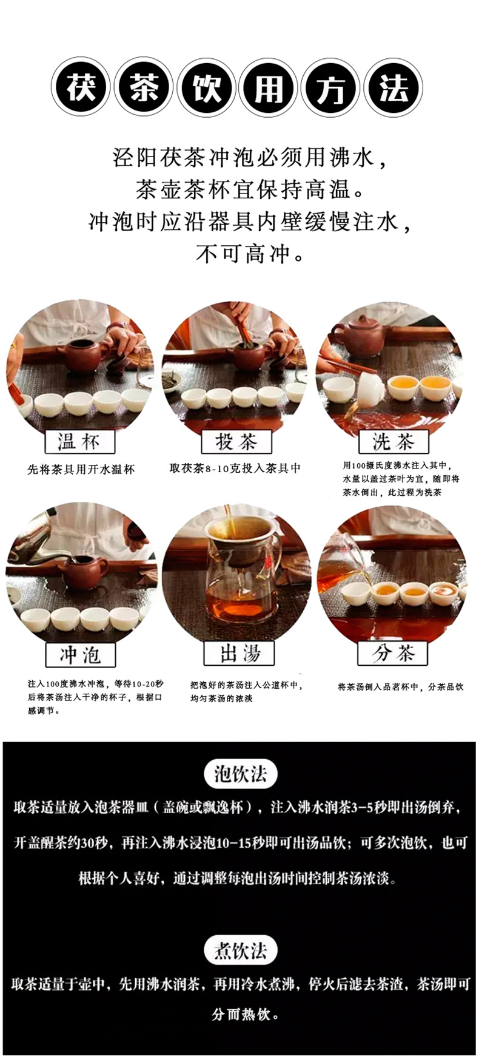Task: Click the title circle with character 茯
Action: [x=81, y=87]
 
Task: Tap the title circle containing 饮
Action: [x=206, y=87]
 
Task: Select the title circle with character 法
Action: [x=394, y=87]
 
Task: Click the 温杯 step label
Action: [x=79, y=442]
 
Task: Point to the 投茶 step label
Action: [x=236, y=442]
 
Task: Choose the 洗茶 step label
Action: [x=393, y=442]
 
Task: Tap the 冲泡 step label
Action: [x=80, y=655]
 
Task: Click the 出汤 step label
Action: [x=239, y=653]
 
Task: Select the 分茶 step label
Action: [x=393, y=653]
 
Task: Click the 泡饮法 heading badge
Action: [x=240, y=774]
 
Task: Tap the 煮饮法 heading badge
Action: [x=240, y=951]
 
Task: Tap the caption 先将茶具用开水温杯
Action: [x=81, y=469]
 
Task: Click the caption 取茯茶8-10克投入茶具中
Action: [x=235, y=468]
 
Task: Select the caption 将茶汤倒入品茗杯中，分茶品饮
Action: [x=400, y=687]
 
